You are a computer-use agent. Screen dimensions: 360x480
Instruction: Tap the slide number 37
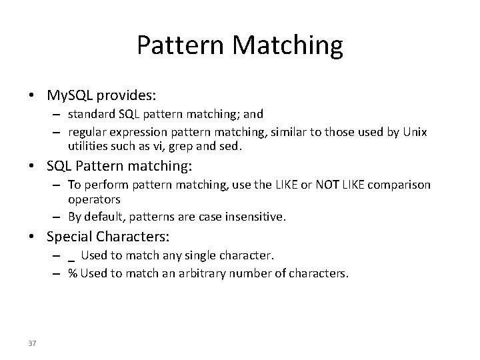coord(33,343)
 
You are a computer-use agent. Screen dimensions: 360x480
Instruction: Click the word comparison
coord(399,184)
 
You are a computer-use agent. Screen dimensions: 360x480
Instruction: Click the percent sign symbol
coord(71,273)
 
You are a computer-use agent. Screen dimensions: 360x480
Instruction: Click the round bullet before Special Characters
coord(31,237)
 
